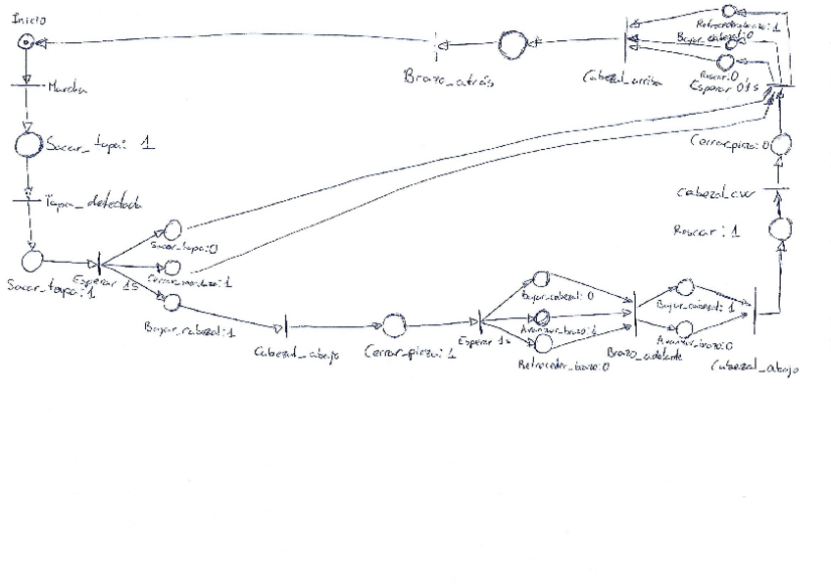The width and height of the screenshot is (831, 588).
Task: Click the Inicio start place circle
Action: [x=28, y=43]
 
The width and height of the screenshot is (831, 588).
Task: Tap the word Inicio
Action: [x=28, y=20]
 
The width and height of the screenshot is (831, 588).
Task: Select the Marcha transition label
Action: [x=67, y=87]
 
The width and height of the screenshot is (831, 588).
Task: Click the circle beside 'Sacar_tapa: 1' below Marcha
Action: [x=27, y=146]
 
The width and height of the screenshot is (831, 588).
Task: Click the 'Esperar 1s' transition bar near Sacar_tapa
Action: [x=98, y=266]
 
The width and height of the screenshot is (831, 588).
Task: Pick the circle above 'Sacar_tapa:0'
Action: [x=171, y=230]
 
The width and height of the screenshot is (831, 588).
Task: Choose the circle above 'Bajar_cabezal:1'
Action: [x=172, y=303]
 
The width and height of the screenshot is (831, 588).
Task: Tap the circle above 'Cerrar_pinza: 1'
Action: [x=393, y=325]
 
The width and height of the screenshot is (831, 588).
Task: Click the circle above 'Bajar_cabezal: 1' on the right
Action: [x=687, y=287]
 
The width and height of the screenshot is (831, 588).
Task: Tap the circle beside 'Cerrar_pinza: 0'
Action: [x=780, y=146]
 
